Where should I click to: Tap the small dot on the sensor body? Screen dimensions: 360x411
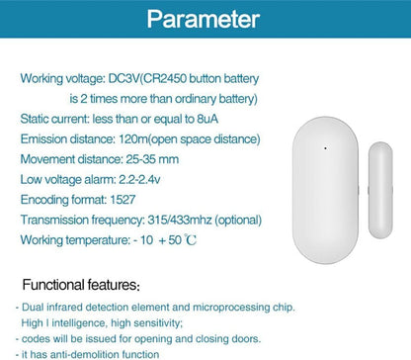coord(325,150)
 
